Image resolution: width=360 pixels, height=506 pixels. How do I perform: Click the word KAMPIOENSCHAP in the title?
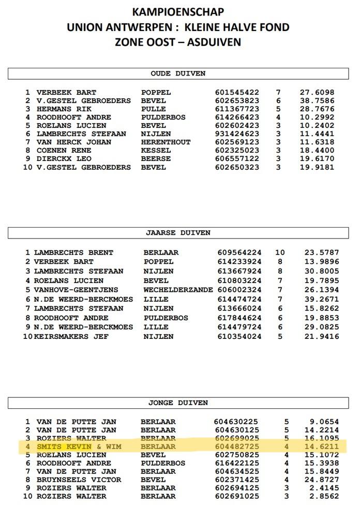coord(178,11)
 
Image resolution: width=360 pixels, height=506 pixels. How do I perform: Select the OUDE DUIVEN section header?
coord(177,73)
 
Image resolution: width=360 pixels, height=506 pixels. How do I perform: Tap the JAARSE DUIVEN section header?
coord(178,233)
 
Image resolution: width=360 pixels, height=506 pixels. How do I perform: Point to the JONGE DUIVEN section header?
coord(177,403)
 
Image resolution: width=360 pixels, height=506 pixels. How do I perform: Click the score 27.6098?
coord(317,92)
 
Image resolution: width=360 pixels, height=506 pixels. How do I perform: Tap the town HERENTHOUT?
coord(166,142)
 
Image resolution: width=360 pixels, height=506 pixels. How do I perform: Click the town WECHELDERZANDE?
coord(178,290)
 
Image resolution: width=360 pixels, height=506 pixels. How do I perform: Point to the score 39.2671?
coord(322,299)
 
